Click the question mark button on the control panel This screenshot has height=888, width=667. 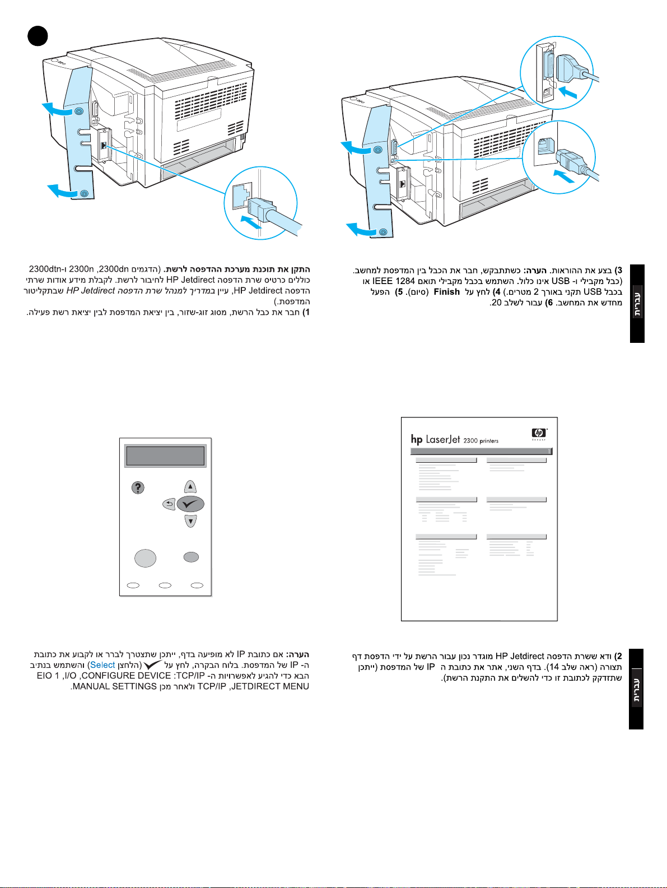point(138,487)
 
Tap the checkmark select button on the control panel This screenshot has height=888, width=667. point(190,504)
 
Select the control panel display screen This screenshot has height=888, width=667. point(165,456)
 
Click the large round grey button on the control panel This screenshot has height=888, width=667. point(145,557)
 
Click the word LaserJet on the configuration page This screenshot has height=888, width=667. point(443,439)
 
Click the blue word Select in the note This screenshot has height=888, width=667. point(102,665)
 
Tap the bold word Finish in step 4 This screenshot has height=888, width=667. point(446,292)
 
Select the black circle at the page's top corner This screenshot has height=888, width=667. point(38,36)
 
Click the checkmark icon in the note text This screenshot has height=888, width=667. point(152,665)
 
